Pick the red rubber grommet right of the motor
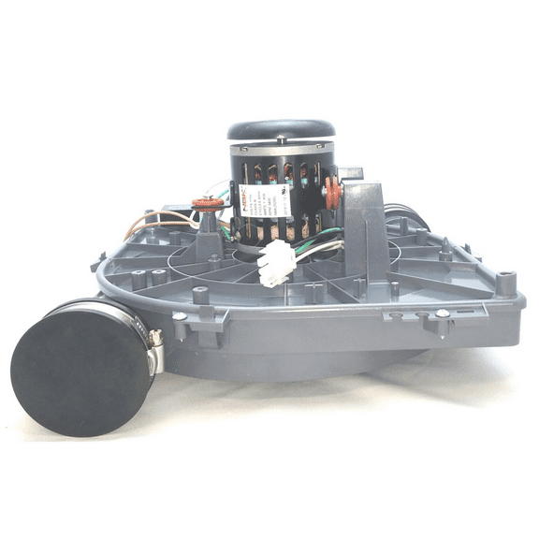point(332,192)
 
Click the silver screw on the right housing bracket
point(442,313)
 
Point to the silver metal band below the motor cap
point(283,148)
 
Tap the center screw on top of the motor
point(283,121)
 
